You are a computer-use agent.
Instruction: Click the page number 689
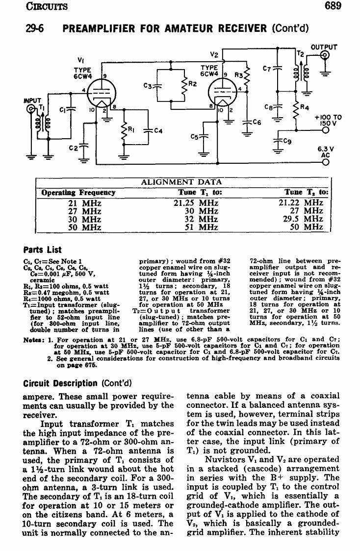tap(333, 6)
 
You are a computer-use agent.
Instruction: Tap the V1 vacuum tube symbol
tap(101, 93)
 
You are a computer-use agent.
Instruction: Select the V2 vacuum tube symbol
tap(223, 92)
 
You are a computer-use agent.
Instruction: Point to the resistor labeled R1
tap(124, 133)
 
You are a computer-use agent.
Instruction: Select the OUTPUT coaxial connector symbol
tap(325, 55)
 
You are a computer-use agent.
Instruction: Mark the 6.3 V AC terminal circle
tap(326, 162)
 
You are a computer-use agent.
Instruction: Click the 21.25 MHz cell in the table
tap(196, 203)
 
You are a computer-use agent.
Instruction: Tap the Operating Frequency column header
tap(78, 193)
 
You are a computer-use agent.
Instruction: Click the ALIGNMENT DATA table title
tap(181, 182)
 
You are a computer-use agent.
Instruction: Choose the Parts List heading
tap(42, 250)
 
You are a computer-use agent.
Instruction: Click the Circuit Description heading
tap(60, 383)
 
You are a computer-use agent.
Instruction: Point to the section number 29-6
tap(35, 28)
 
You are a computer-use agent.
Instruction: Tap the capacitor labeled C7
tap(278, 68)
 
